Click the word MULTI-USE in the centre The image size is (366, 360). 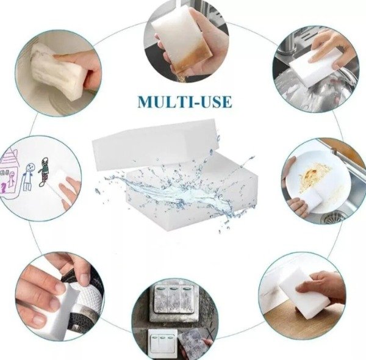pyautogui.click(x=185, y=101)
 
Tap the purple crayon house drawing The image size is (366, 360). pyautogui.click(x=9, y=173)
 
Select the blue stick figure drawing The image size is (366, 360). pyautogui.click(x=28, y=176)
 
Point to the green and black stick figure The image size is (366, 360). pyautogui.click(x=44, y=171)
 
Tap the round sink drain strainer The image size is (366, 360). pyautogui.click(x=332, y=218)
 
